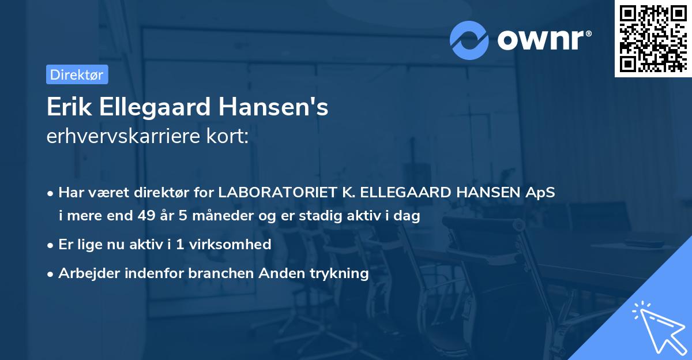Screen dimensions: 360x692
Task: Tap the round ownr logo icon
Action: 469,40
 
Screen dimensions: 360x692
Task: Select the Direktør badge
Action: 77,74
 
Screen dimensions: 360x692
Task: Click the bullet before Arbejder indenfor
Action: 51,273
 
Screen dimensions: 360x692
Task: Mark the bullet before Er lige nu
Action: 51,245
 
